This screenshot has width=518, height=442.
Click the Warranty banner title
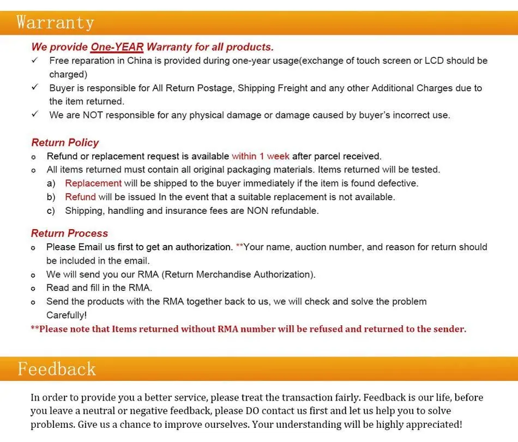pyautogui.click(x=55, y=23)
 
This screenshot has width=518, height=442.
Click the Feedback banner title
pyautogui.click(x=57, y=369)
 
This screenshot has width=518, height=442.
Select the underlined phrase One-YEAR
pyautogui.click(x=117, y=47)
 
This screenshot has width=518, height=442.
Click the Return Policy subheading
pyautogui.click(x=65, y=142)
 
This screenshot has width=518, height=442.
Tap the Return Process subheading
pyautogui.click(x=69, y=233)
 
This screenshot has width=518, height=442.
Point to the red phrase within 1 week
pyautogui.click(x=261, y=156)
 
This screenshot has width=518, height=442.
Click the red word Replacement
pyautogui.click(x=93, y=183)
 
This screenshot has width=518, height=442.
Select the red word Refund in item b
pyautogui.click(x=80, y=197)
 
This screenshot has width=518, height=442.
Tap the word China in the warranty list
pyautogui.click(x=140, y=61)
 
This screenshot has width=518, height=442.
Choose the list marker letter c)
pyautogui.click(x=51, y=211)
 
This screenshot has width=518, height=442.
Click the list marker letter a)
pyautogui.click(x=51, y=183)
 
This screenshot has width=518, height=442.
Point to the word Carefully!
pyautogui.click(x=67, y=315)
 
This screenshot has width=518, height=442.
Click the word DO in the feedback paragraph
pyautogui.click(x=252, y=411)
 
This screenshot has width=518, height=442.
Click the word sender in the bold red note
pyautogui.click(x=449, y=329)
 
